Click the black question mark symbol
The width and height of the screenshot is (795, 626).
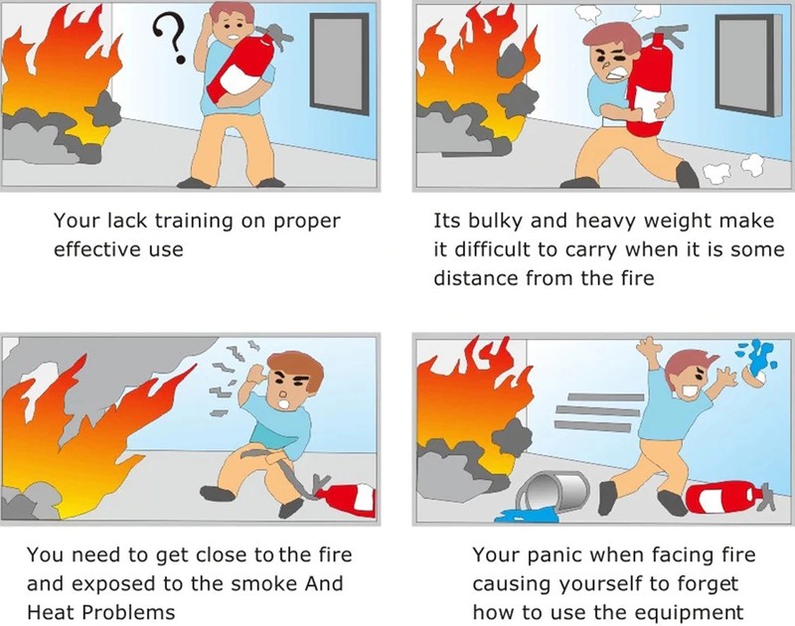coord(170,38)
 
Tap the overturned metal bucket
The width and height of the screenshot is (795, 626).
coord(554,492)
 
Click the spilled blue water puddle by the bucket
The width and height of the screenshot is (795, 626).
coord(525,516)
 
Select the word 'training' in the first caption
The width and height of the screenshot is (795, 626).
coord(194,221)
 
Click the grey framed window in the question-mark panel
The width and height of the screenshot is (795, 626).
coord(339,65)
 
